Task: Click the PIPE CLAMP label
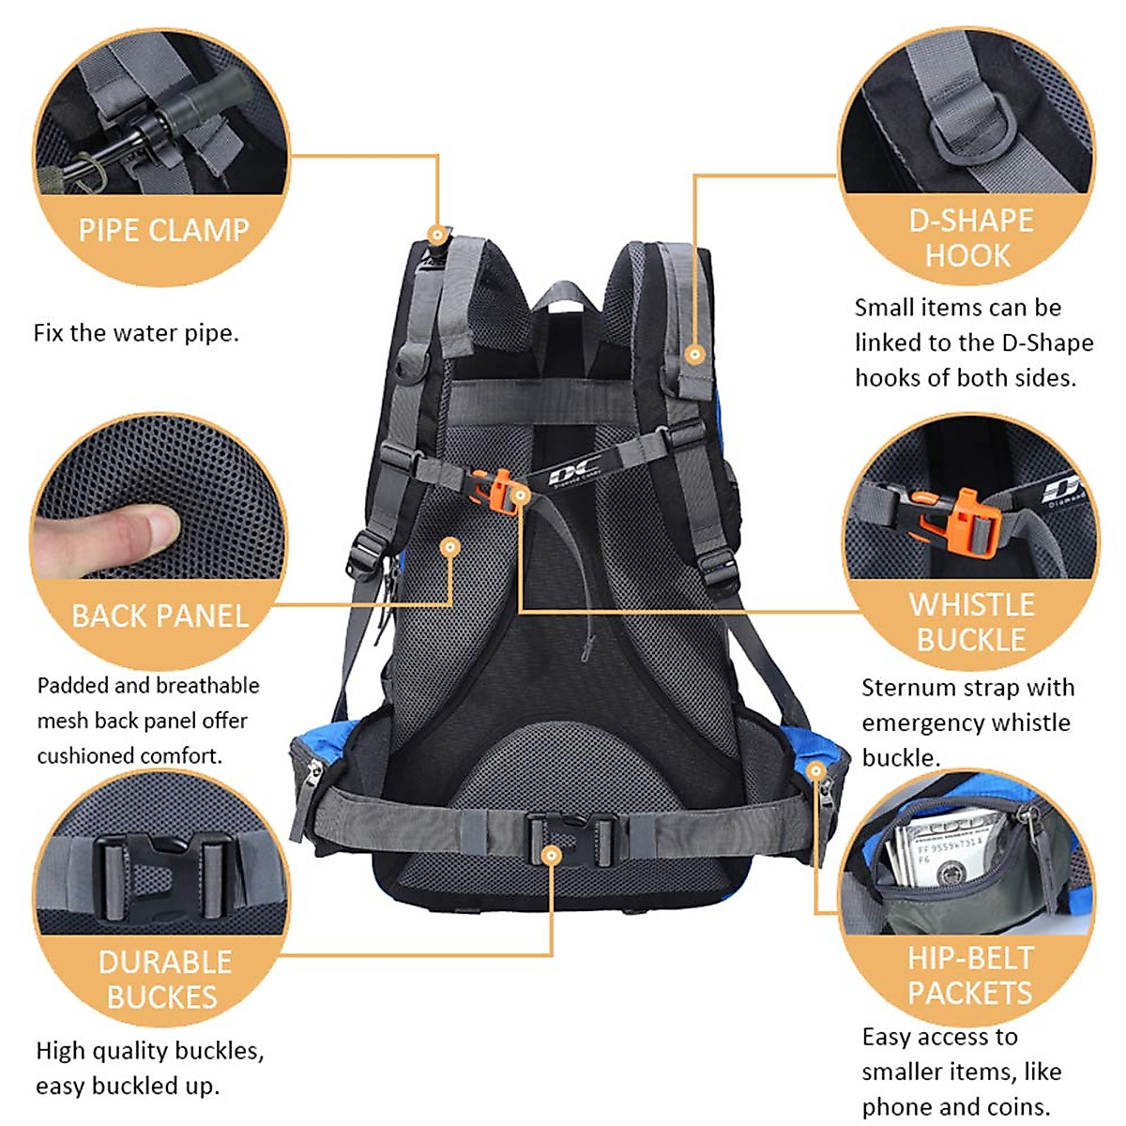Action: click(163, 231)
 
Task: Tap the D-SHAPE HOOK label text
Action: click(970, 237)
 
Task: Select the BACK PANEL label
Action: click(160, 616)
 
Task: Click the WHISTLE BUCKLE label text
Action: click(971, 622)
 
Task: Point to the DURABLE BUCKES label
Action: click(163, 979)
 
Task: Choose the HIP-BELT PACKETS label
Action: click(970, 975)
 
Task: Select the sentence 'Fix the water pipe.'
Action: click(136, 333)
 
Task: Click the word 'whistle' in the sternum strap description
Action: click(1031, 723)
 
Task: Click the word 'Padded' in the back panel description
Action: click(72, 686)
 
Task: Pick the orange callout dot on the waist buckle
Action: click(552, 855)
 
